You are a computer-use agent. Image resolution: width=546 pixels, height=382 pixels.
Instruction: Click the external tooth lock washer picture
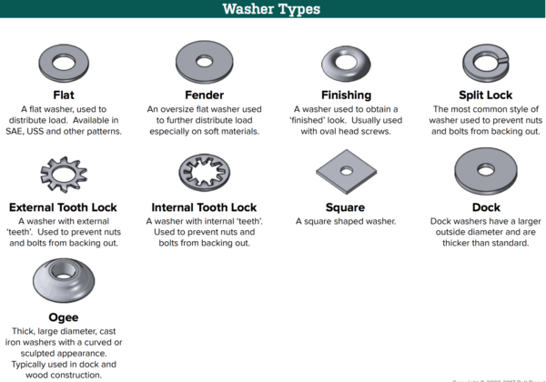[x=64, y=173]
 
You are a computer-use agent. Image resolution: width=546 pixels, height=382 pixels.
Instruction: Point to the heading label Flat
[x=64, y=95]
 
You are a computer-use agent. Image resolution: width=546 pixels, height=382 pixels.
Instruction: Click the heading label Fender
[x=204, y=95]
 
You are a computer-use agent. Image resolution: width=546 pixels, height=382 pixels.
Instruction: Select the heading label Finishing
[x=346, y=95]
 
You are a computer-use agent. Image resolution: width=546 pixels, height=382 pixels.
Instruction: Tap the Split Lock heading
[x=485, y=95]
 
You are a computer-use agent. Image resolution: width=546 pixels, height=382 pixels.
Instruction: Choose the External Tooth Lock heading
[x=64, y=207]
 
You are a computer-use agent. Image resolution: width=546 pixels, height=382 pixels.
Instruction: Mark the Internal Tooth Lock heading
[x=204, y=207]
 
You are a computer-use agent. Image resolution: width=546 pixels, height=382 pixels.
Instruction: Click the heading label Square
[x=346, y=207]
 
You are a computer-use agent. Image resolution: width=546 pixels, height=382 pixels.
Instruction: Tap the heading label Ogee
[x=63, y=317]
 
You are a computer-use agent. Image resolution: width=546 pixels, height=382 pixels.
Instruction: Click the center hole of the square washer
[x=346, y=168]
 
